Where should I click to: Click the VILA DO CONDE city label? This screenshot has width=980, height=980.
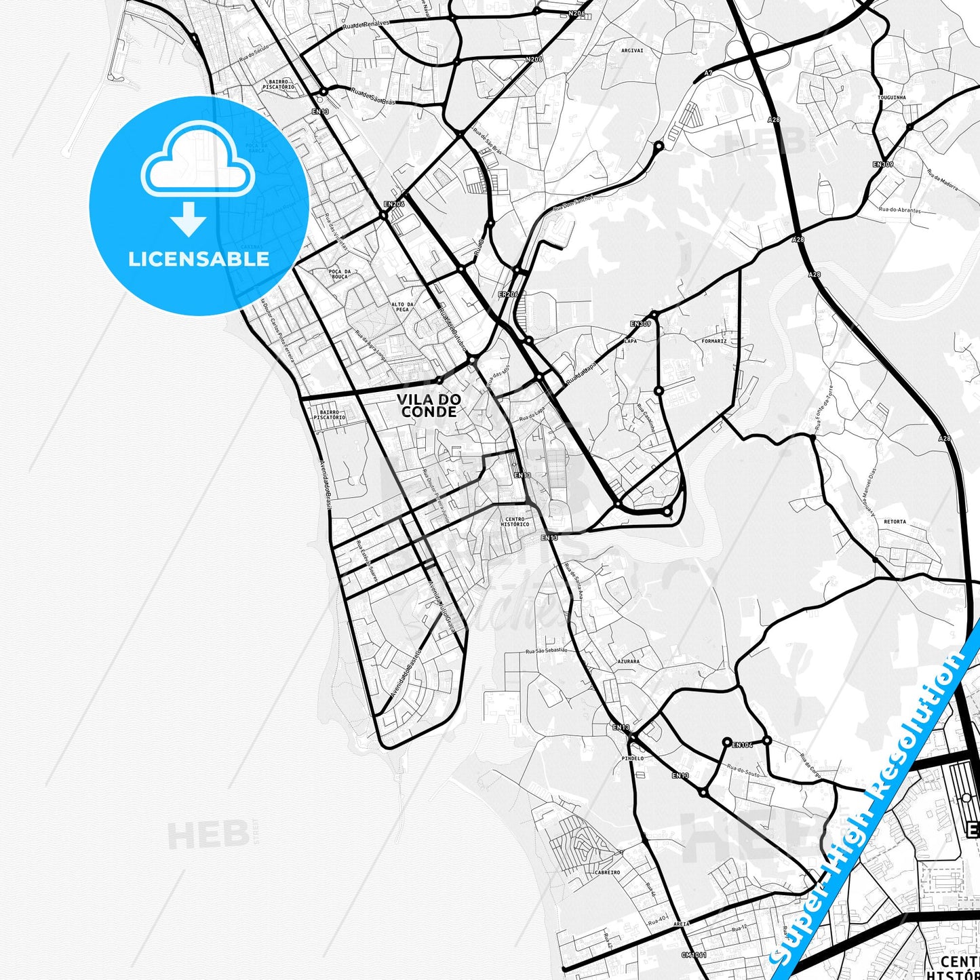click(429, 406)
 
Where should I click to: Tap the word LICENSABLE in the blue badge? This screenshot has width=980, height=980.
click(199, 259)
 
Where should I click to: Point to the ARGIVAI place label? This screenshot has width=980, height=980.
click(632, 50)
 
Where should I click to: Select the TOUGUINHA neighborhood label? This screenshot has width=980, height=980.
click(892, 98)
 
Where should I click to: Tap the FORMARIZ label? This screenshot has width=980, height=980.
click(714, 341)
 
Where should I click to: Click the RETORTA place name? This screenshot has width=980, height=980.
click(895, 522)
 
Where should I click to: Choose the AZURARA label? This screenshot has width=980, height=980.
click(628, 661)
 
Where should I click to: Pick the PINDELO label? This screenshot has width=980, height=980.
click(633, 758)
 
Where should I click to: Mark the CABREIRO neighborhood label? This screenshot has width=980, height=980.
click(607, 873)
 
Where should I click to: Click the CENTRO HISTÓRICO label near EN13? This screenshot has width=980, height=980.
click(515, 522)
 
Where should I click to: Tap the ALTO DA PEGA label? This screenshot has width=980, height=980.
click(402, 307)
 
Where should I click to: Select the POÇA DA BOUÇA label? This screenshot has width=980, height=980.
click(339, 274)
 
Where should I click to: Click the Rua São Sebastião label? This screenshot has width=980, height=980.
click(547, 650)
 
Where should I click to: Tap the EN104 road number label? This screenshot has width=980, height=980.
click(743, 745)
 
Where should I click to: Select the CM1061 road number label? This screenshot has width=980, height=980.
click(694, 955)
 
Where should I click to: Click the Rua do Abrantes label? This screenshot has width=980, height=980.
click(900, 210)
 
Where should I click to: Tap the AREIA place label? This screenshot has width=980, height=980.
click(682, 924)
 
